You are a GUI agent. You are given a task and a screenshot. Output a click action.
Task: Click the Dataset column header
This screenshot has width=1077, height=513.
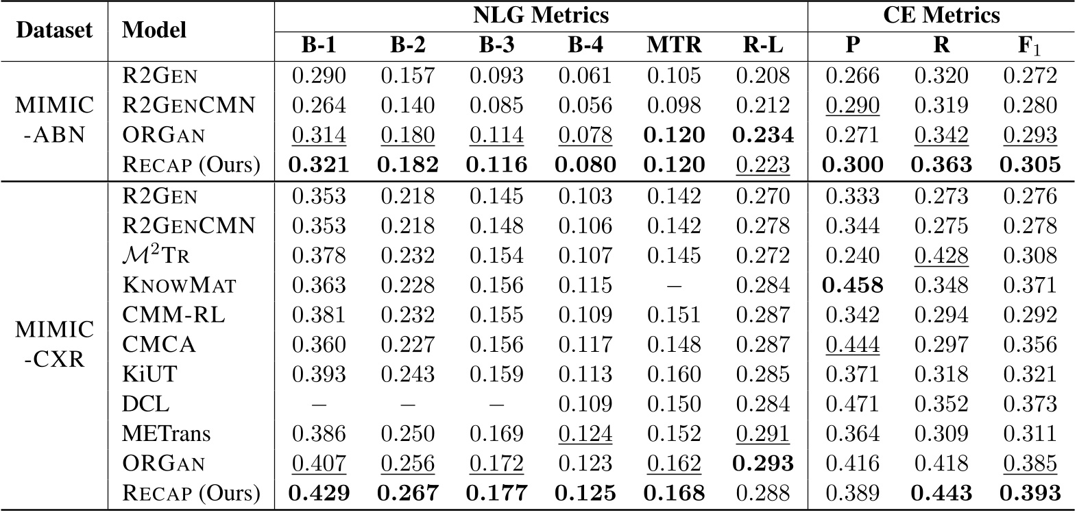(53, 30)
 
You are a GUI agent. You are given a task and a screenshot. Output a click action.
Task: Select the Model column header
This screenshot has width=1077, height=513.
(154, 30)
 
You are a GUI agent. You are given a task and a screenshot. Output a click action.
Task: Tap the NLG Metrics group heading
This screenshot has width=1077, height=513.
(541, 14)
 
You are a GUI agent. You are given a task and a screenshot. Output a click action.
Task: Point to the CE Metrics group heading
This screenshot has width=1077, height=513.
(941, 14)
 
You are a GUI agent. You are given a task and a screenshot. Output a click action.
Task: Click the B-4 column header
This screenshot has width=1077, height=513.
(585, 45)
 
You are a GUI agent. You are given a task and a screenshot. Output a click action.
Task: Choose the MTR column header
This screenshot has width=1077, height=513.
(674, 45)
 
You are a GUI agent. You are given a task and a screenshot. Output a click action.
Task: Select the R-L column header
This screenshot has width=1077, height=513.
(762, 45)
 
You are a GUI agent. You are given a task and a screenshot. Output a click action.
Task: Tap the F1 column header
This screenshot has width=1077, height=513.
(1030, 45)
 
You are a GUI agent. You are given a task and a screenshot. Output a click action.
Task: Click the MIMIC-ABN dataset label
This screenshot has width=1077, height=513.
(53, 120)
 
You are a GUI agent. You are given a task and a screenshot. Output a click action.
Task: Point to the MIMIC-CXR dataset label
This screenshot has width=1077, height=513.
(53, 344)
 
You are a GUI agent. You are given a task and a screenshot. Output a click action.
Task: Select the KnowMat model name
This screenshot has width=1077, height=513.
(179, 285)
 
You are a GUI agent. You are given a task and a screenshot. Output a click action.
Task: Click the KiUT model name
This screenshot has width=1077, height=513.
(149, 374)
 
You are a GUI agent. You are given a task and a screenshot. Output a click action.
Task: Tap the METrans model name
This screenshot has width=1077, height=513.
(166, 433)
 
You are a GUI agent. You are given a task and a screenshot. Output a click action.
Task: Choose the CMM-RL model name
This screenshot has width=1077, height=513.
(173, 315)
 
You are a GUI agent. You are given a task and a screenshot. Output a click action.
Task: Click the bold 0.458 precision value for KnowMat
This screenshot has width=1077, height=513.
(852, 285)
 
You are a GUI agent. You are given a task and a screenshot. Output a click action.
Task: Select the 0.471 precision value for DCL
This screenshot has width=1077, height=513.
(852, 404)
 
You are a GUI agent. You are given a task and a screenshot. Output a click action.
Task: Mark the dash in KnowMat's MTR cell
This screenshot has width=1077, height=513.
(674, 285)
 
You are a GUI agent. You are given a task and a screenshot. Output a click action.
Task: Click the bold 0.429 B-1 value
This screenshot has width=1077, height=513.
(319, 493)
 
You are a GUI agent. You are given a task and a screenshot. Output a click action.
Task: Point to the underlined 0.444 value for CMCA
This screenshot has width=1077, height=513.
(852, 344)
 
